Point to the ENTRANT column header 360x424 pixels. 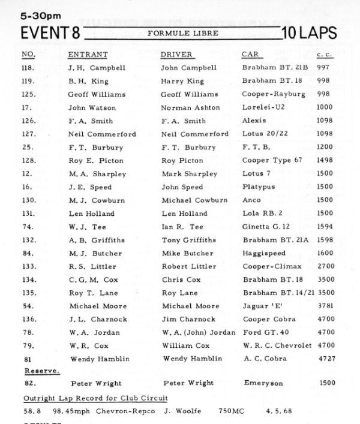88,55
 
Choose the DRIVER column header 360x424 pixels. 176,55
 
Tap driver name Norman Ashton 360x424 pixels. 191,108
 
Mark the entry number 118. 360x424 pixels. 28,68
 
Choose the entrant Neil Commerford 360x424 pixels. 102,134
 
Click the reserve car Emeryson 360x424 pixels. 263,382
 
